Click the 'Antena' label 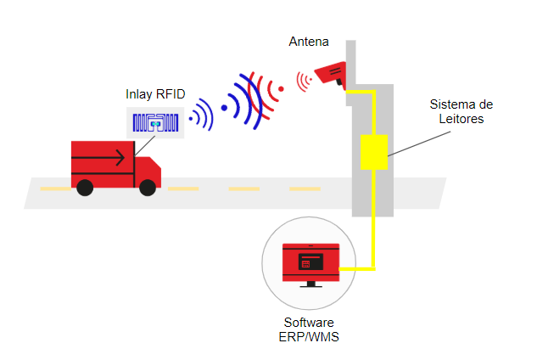point(309,42)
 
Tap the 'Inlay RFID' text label point(155,94)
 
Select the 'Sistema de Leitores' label point(461,112)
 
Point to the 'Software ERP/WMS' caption point(309,331)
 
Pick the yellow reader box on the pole point(374,151)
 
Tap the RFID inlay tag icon point(155,122)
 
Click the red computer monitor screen point(310,262)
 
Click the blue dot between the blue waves point(225,108)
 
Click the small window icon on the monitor point(310,262)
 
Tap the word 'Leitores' point(461,119)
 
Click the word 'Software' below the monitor point(309,323)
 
